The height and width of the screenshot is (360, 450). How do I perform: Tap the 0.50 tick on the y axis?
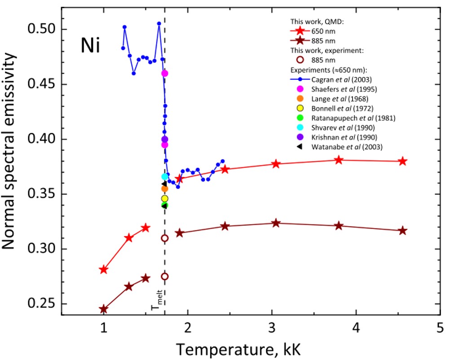42,30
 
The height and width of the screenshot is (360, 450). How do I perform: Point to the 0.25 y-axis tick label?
42,304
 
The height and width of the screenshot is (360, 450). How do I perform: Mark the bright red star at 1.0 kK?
104,269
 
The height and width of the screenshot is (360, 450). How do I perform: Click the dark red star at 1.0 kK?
104,309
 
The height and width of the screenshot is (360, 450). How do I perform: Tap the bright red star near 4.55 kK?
403,161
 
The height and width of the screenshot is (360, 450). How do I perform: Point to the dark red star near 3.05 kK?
276,223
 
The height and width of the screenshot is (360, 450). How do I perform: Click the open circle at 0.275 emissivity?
164,277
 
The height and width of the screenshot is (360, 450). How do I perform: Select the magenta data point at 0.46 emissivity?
165,73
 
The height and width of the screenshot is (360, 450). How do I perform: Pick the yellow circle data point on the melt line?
164,198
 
